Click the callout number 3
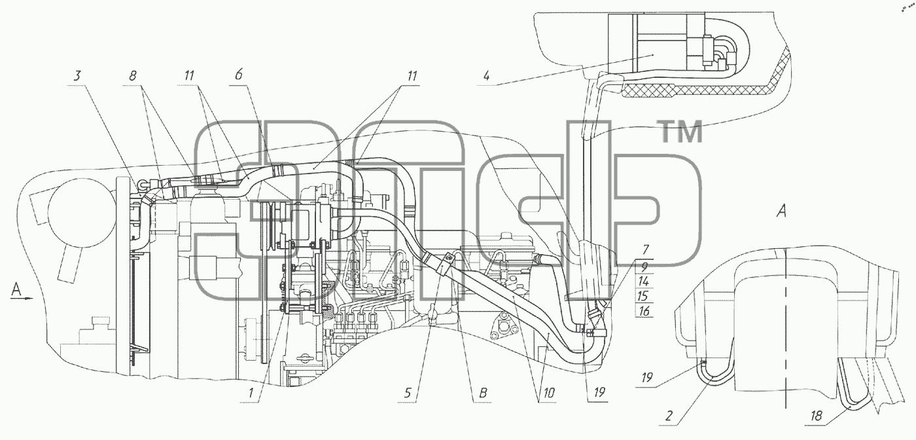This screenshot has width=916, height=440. coord(78,76)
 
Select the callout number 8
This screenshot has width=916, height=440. coord(132,76)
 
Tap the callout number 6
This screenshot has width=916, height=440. coord(239,74)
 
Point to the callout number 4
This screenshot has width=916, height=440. coord(486,76)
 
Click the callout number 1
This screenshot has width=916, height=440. coord(251,393)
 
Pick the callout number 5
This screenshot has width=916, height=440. coord(407,393)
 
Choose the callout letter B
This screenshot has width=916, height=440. coord(483,393)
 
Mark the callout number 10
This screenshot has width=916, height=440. coord(548,393)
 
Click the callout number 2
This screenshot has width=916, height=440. coord(669,416)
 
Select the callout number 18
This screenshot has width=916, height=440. coord(816,416)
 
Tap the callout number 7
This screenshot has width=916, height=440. coord(646,249)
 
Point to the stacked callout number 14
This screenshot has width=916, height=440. coord(644,282)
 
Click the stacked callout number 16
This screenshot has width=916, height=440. coord(644,311)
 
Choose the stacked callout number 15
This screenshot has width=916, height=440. coord(644,297)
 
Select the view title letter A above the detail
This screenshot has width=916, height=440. coord(781,211)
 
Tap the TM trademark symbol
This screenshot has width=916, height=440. coord(681,132)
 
